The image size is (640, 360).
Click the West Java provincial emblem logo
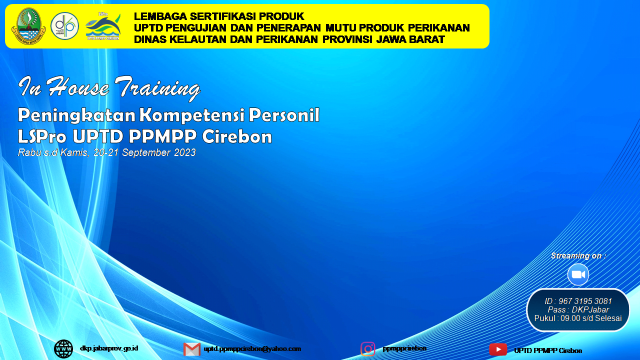(28, 26)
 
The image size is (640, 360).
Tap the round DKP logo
(64, 26)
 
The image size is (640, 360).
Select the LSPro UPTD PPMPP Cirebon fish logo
(103, 26)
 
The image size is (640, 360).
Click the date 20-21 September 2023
(144, 152)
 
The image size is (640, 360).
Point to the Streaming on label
(578, 256)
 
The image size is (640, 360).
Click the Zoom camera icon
(578, 274)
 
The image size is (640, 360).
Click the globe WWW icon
(63, 349)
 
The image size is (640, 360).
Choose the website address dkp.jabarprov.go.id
(109, 348)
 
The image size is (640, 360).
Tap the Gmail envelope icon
(192, 349)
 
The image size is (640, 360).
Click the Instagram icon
(368, 349)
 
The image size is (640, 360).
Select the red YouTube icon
(498, 349)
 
